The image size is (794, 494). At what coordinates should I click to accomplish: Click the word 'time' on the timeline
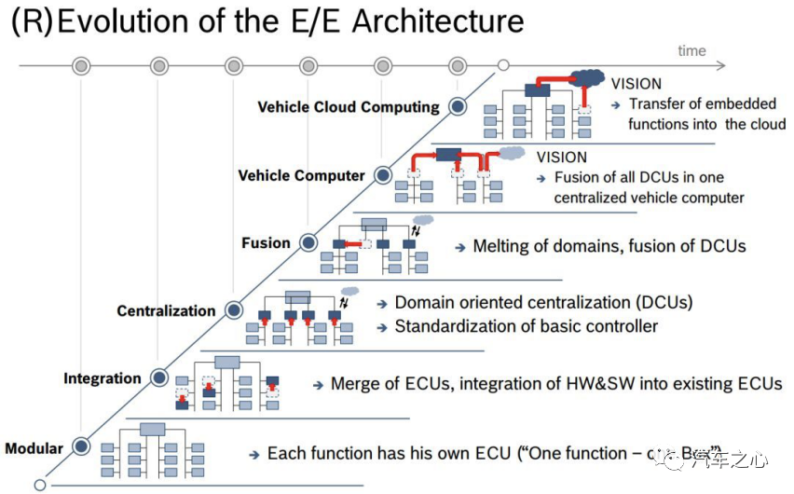(x=691, y=50)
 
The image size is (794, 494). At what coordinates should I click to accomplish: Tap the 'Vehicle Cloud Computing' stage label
(x=349, y=106)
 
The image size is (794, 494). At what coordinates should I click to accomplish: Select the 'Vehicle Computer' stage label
(x=301, y=175)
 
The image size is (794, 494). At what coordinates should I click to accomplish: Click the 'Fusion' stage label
(x=266, y=243)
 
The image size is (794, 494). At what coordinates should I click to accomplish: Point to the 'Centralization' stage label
(x=166, y=310)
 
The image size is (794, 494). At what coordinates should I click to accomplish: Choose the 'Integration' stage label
(x=103, y=378)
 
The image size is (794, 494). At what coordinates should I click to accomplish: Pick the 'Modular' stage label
(x=34, y=448)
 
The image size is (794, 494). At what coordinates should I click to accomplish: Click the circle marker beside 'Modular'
(x=81, y=446)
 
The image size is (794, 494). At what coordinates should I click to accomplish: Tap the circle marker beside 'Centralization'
(x=233, y=309)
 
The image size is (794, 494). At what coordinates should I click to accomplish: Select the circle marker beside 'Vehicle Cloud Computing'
(x=457, y=106)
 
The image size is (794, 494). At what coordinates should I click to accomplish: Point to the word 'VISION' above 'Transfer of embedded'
(x=637, y=84)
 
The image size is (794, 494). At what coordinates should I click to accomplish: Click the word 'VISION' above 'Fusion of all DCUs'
(x=562, y=157)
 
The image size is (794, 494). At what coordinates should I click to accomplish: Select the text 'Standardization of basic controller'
(x=526, y=326)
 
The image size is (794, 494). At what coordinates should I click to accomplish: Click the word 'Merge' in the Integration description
(x=355, y=384)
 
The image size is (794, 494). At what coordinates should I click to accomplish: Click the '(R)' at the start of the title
(x=31, y=22)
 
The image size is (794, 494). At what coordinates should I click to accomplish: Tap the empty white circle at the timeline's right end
(x=503, y=65)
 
